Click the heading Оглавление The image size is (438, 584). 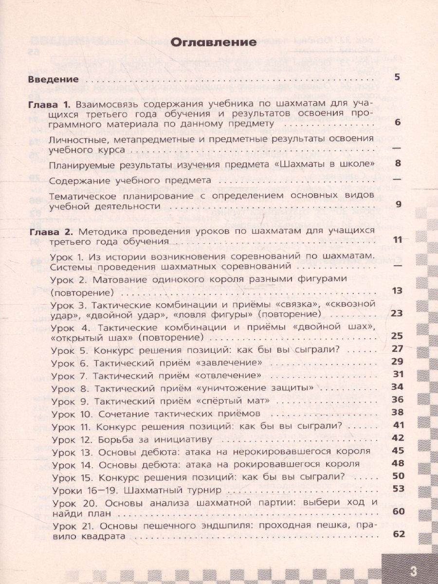click(214, 42)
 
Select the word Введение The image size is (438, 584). click(53, 79)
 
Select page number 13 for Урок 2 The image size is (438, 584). click(398, 291)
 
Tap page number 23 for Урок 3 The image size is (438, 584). click(397, 313)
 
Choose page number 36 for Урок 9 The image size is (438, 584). click(397, 400)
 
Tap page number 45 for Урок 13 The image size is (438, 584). click(398, 450)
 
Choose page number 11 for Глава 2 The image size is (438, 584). click(397, 239)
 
